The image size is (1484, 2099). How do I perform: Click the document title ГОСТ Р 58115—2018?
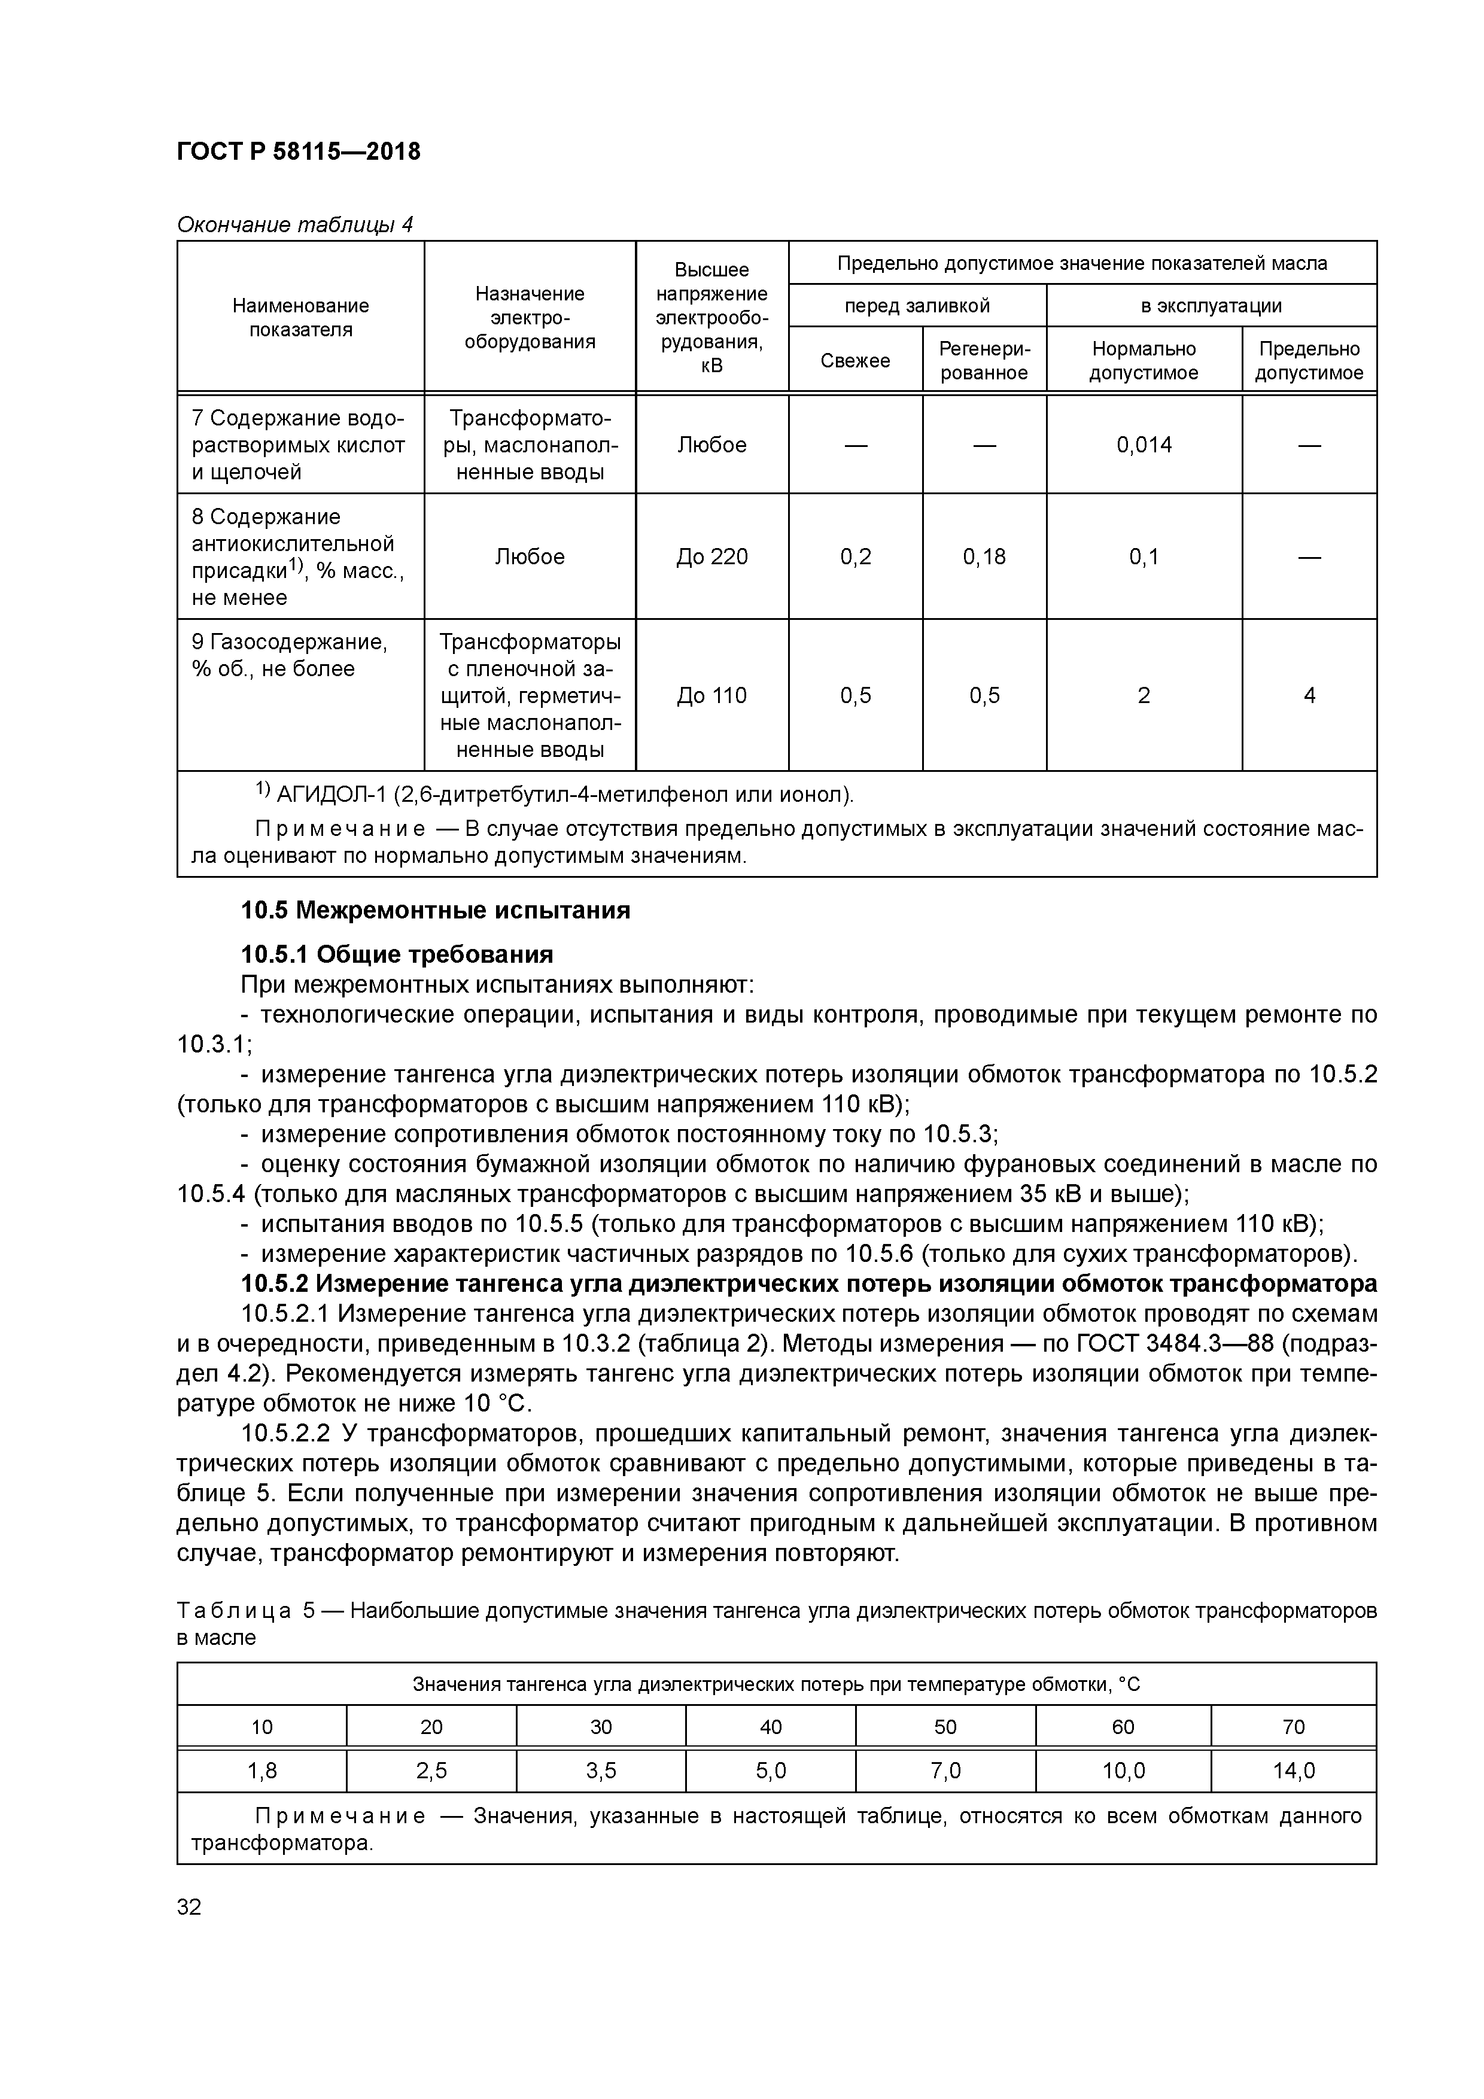[298, 152]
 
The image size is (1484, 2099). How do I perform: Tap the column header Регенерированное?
[983, 360]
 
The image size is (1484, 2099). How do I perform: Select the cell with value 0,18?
[983, 556]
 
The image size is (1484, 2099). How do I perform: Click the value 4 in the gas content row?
[1309, 696]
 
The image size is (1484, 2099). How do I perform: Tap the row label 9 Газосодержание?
[289, 643]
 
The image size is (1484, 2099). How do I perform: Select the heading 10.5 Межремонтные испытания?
[435, 911]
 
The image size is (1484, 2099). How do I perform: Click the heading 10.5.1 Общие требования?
[397, 954]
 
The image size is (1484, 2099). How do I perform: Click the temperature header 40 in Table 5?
[770, 1727]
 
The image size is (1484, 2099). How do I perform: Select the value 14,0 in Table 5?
[1293, 1771]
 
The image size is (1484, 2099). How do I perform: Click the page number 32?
[189, 1907]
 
